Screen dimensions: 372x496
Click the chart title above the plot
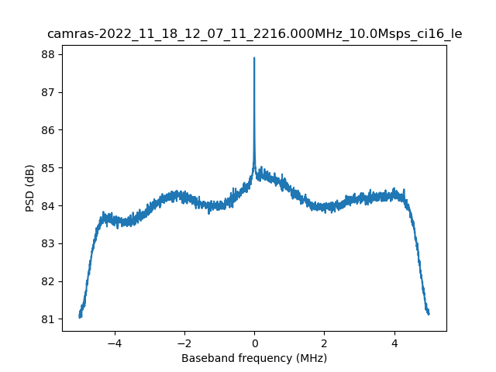254,34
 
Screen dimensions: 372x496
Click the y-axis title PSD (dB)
30,188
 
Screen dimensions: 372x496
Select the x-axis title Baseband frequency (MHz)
254,358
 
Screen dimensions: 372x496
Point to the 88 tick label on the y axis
47,54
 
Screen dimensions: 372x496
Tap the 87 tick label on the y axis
47,92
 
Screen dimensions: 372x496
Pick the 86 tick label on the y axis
47,130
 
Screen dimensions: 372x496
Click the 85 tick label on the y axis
47,168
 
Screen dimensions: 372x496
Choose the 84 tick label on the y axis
47,205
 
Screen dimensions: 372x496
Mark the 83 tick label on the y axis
47,243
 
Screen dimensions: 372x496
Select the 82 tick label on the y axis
47,281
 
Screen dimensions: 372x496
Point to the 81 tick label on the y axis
47,319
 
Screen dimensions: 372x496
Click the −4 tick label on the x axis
114,343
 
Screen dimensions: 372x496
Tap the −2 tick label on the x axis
184,343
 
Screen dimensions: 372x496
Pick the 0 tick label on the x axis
254,343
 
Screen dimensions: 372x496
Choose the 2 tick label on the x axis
324,343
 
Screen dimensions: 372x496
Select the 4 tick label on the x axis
394,343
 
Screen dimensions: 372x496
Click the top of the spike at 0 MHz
254,58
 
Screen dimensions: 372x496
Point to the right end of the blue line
429,313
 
